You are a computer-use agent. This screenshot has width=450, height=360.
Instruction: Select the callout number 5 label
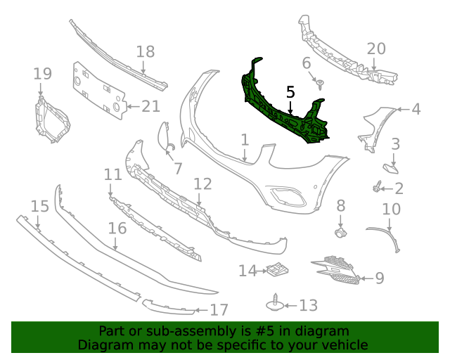(x=290, y=92)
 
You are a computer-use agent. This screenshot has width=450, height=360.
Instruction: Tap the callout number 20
(x=376, y=49)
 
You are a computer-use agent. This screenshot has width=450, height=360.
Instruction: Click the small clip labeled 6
(x=321, y=85)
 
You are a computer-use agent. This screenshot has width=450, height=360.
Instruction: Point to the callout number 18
(x=145, y=51)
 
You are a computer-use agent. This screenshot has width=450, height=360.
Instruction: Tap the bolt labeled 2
(x=378, y=188)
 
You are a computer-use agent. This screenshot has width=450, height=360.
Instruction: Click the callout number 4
(x=416, y=109)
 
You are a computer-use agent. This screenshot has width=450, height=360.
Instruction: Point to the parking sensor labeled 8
(x=340, y=231)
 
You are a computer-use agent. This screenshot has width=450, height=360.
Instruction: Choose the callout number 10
(x=391, y=210)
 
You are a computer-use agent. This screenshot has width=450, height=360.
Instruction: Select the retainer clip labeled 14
(x=278, y=269)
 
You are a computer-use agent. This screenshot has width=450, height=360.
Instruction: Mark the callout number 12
(x=202, y=184)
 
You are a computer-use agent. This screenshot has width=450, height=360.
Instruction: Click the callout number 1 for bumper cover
(x=245, y=140)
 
